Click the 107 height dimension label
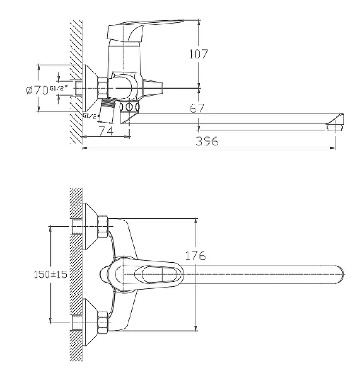198,54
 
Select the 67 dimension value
197,109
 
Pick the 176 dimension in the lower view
195,256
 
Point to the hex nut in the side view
104,88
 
